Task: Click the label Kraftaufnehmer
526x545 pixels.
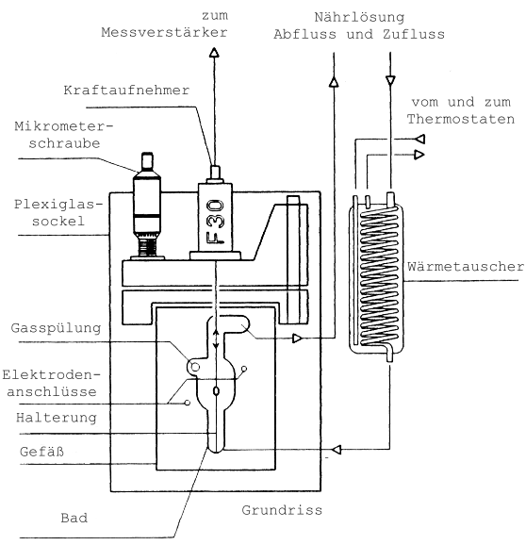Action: [126, 91]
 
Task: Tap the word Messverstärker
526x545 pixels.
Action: [164, 33]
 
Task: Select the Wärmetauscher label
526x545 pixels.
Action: [466, 267]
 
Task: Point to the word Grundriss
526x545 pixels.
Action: [282, 510]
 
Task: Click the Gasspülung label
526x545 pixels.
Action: [56, 328]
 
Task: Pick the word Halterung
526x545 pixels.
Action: [57, 418]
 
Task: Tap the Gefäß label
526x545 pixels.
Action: [42, 452]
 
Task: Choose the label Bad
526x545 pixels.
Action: [74, 518]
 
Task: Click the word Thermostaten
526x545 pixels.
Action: [461, 119]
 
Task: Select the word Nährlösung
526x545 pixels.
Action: [359, 17]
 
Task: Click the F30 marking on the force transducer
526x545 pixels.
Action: [215, 222]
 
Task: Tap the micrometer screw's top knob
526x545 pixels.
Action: [147, 160]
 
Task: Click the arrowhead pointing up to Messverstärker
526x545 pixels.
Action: [214, 52]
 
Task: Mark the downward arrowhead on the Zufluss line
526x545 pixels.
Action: [390, 81]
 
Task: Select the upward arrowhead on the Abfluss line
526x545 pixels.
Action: [334, 82]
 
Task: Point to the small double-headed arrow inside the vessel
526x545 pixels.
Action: [216, 339]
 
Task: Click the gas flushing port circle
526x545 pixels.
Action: [195, 367]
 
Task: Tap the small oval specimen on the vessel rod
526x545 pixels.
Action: [216, 391]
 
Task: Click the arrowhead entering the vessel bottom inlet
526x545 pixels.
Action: [337, 450]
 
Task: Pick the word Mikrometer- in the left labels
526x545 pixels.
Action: [64, 126]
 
